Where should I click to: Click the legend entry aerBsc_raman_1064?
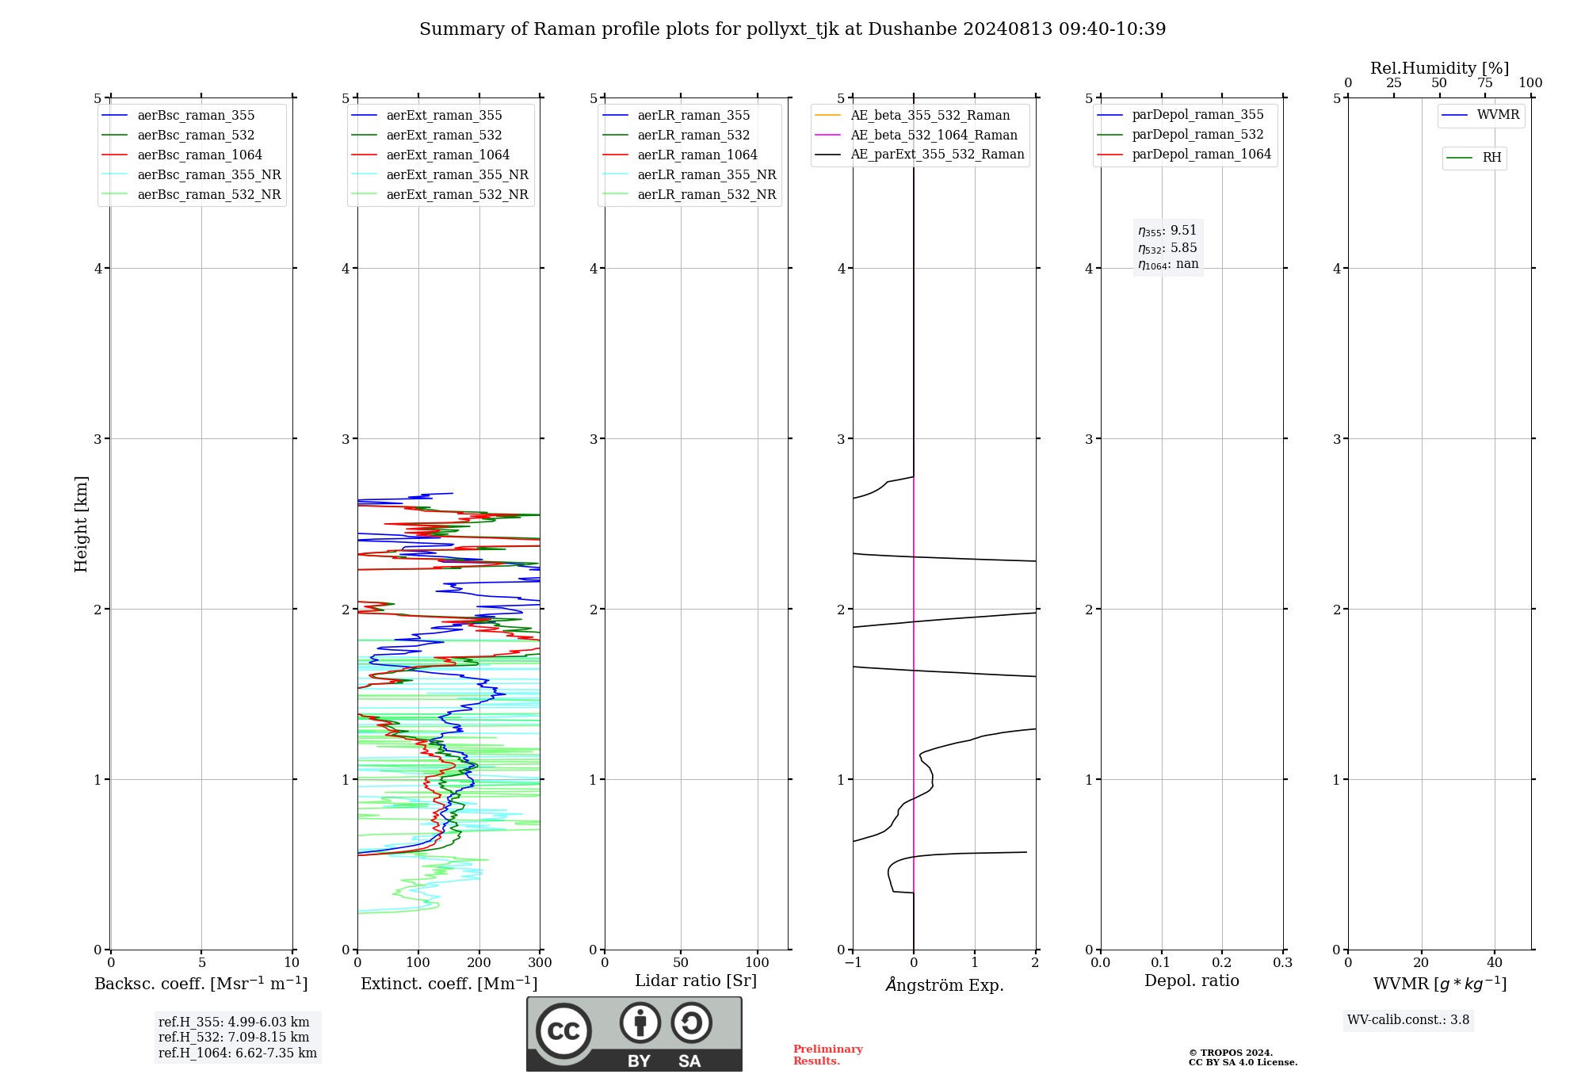199,155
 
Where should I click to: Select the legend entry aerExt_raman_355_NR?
456,174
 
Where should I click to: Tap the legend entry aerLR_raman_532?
693,135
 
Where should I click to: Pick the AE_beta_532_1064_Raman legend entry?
934,135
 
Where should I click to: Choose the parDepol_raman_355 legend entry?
1197,115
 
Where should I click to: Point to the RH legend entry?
1491,158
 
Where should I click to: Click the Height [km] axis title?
81,524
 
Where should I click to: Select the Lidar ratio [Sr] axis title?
696,981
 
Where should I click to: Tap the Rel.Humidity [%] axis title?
1439,68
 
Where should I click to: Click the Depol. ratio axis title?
1191,981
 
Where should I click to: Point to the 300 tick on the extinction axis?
540,963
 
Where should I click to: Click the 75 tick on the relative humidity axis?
1484,83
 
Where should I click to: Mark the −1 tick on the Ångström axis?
853,963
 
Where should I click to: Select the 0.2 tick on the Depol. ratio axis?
1222,963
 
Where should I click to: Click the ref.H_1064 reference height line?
237,1053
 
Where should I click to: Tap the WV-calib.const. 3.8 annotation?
1408,1020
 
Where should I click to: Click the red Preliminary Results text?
827,1055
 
